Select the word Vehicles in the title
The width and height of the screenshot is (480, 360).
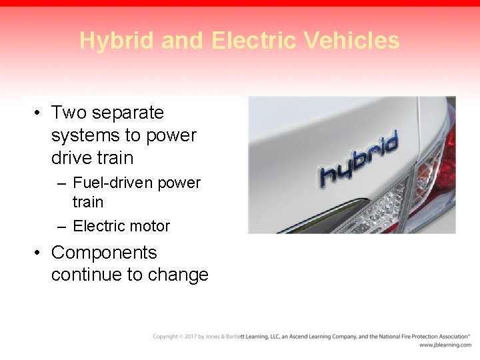(352, 41)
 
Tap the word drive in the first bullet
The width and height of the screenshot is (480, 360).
(71, 158)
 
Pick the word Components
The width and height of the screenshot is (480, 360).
(104, 253)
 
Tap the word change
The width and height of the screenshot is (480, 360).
(177, 275)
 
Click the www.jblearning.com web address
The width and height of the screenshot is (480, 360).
(445, 345)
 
